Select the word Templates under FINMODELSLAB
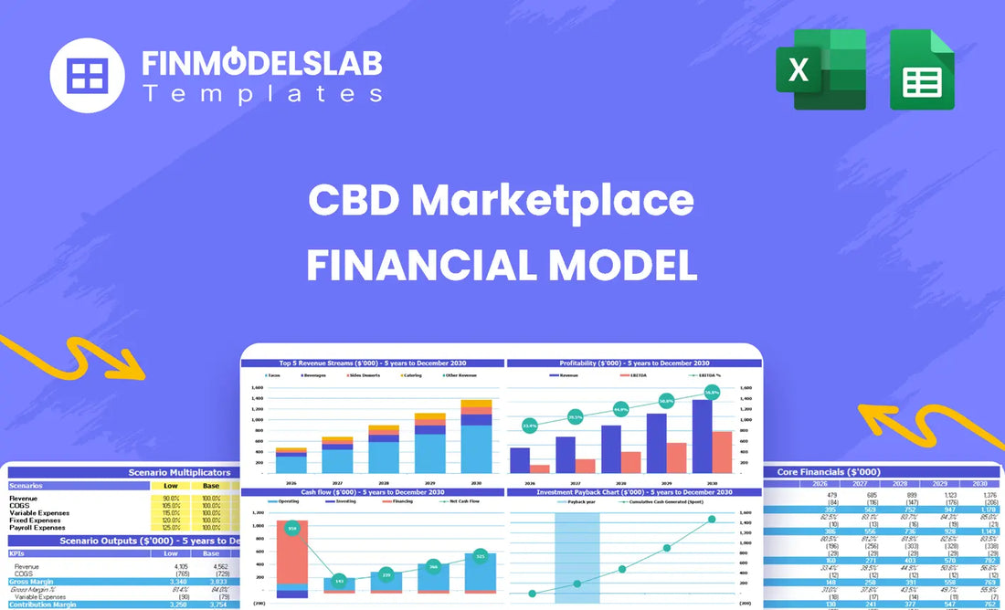coord(262,93)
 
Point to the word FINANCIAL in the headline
coord(428,265)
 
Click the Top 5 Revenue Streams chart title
coord(372,363)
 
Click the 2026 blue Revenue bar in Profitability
coord(520,460)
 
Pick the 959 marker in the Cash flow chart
coord(292,528)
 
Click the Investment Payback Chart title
coord(633,492)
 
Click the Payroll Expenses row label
coord(37,527)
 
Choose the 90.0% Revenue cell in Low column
coord(171,498)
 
